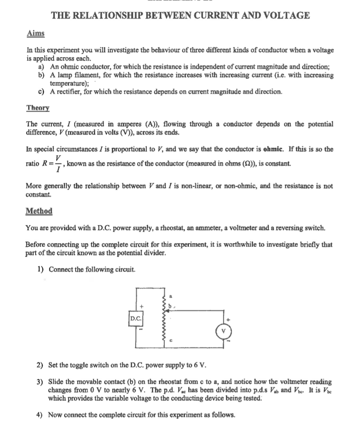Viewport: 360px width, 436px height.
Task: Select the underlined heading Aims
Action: click(36, 33)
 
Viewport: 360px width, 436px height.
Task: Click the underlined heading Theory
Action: click(38, 108)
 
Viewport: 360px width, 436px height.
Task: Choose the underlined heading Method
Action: click(39, 211)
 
